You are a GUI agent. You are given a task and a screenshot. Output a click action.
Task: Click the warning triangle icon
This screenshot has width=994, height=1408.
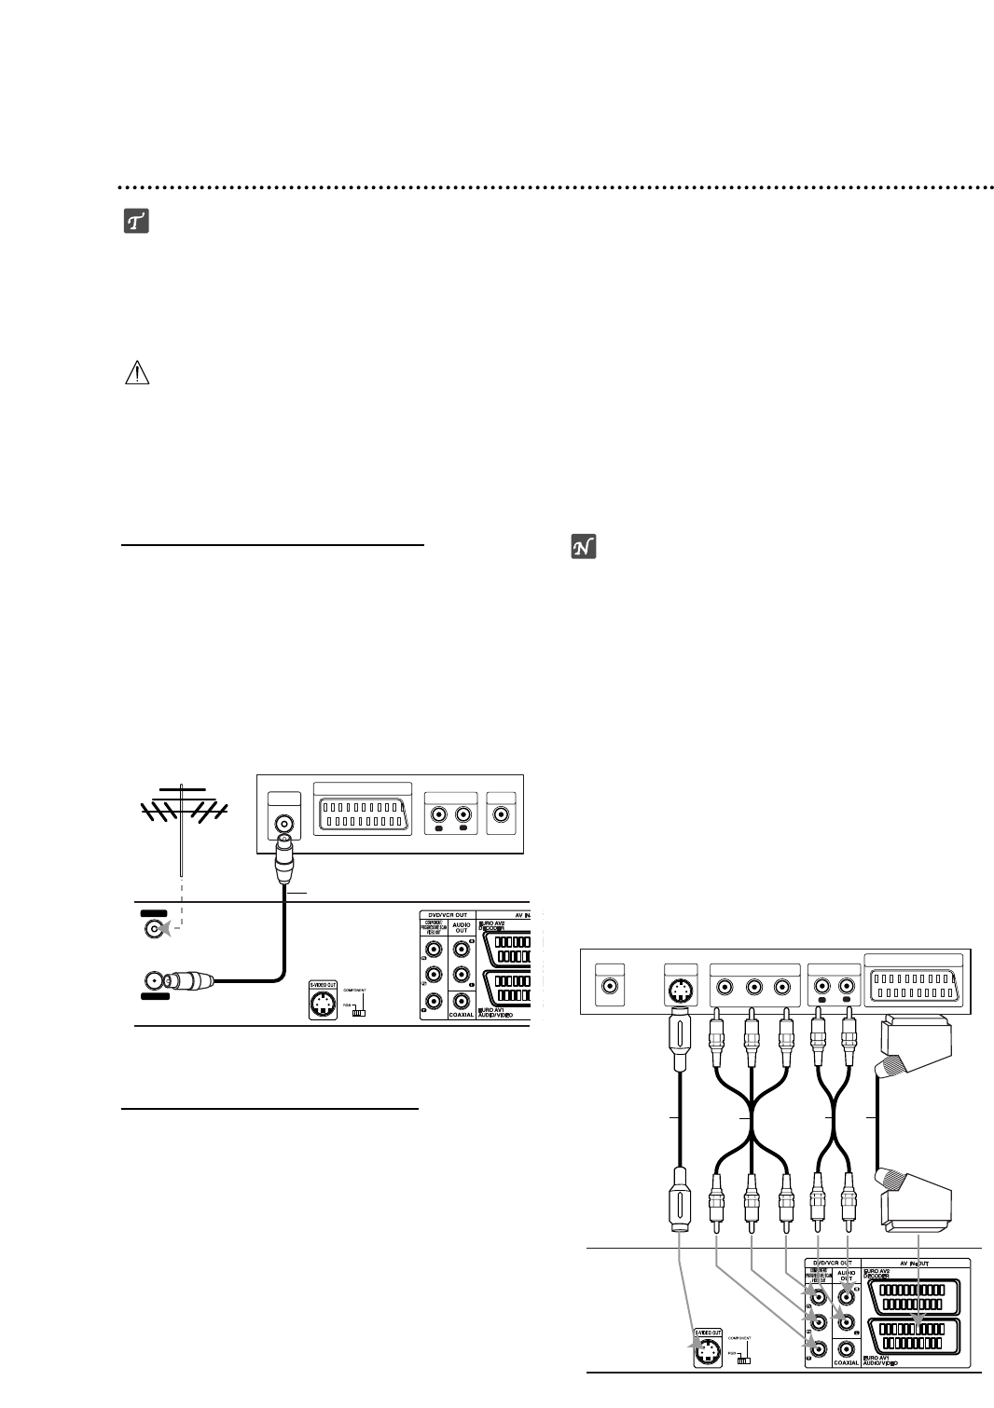click(137, 375)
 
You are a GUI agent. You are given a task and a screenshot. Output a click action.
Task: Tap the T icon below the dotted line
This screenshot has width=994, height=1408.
click(137, 222)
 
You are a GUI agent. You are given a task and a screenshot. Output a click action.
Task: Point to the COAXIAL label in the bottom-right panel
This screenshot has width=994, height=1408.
click(846, 1363)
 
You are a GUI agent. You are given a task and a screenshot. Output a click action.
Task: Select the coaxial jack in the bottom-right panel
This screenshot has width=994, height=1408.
click(847, 1348)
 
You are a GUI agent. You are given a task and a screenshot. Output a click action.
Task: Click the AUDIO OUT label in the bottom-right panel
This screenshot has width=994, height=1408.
click(846, 1276)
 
